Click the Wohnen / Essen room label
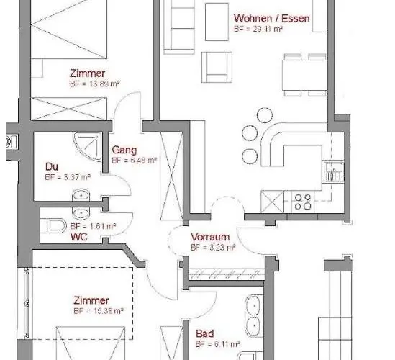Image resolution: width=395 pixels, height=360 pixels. (x=271, y=19)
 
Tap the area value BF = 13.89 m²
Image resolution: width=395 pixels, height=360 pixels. (x=95, y=84)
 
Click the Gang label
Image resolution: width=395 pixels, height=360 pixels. (x=121, y=150)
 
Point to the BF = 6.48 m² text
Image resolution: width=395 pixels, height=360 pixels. (x=134, y=161)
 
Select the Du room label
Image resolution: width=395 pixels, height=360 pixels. (x=51, y=166)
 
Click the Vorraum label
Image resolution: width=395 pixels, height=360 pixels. (x=209, y=237)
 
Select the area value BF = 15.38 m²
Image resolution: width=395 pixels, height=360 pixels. (x=99, y=311)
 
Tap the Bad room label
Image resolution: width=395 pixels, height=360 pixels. (x=204, y=334)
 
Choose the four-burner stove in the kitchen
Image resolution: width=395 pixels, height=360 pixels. (x=302, y=201)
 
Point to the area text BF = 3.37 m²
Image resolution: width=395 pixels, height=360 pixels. (x=67, y=176)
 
